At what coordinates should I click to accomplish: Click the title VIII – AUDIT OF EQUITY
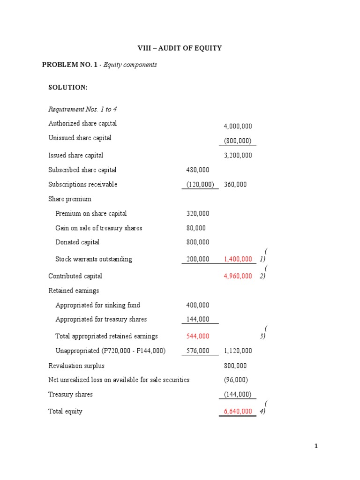tap(180, 48)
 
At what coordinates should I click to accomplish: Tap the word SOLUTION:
tap(68, 87)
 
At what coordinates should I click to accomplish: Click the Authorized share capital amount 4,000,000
tap(238, 126)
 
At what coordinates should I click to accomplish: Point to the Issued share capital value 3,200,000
tap(238, 155)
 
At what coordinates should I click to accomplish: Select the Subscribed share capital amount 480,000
tap(198, 170)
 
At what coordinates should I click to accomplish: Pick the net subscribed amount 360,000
tap(235, 184)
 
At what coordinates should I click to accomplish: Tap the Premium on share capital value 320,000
tap(198, 213)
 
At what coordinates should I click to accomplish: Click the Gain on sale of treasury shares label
tap(98, 228)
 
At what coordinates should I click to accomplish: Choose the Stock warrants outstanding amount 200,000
tap(198, 259)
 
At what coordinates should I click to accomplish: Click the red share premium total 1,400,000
tap(238, 259)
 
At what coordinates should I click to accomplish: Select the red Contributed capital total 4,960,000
tap(238, 276)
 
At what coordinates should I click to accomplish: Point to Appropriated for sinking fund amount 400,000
tap(198, 305)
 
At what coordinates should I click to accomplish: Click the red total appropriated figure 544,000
tap(198, 336)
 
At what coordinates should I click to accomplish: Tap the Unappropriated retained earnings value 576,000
tap(198, 351)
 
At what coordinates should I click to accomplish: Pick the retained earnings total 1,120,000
tap(238, 351)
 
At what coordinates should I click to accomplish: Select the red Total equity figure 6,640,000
tap(238, 411)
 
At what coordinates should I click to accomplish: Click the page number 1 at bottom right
tap(316, 446)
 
